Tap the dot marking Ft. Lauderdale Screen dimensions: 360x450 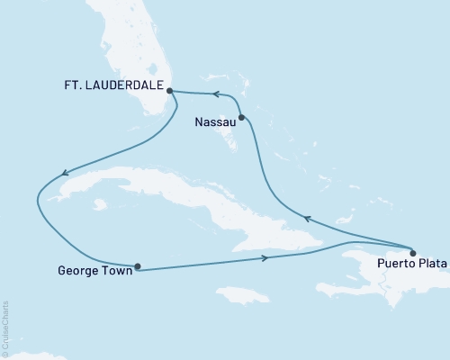click(170, 90)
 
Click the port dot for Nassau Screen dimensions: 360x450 click(241, 117)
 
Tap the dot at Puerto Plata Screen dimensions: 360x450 click(413, 252)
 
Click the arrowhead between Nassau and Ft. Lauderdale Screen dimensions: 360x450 click(215, 93)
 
